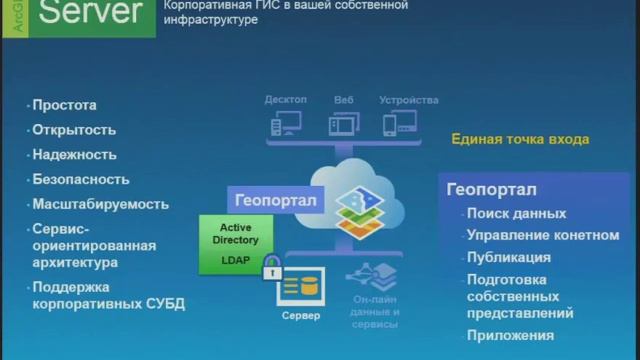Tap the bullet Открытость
click(74, 130)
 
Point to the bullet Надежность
click(74, 155)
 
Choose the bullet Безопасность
click(81, 180)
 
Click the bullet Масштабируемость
click(100, 204)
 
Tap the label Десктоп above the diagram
click(286, 100)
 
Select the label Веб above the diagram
click(344, 100)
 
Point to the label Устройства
click(409, 100)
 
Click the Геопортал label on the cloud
click(275, 200)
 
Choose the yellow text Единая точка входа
click(520, 140)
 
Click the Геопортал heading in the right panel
click(492, 190)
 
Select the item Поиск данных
click(516, 213)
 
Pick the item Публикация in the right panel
click(508, 257)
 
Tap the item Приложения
click(510, 335)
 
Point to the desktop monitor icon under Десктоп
click(287, 124)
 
